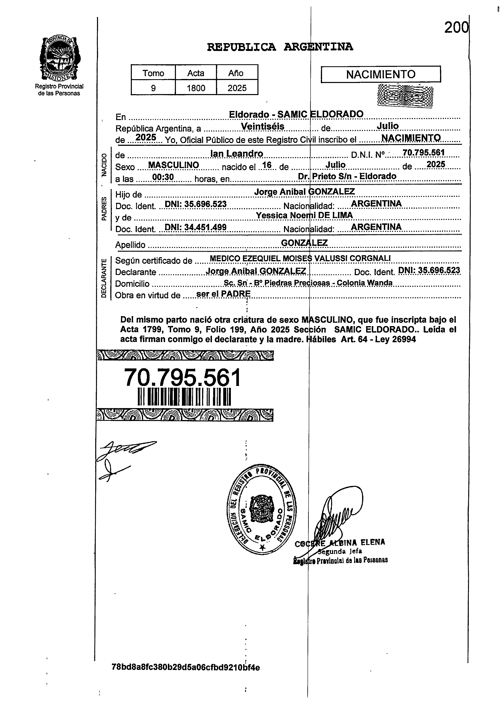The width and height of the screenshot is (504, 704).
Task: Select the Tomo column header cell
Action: (153, 73)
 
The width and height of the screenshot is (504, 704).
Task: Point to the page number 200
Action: (456, 28)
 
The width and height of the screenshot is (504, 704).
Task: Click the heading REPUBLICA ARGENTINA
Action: (280, 47)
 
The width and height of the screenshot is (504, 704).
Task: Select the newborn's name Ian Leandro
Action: (237, 154)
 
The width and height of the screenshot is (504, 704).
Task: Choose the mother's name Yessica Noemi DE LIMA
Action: (304, 215)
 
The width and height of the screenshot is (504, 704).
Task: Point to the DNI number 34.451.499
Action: (195, 228)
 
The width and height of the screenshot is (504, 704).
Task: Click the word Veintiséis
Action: (262, 127)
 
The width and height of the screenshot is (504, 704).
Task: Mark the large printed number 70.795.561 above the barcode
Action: (182, 378)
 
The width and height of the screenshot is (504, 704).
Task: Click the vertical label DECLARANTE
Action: (104, 278)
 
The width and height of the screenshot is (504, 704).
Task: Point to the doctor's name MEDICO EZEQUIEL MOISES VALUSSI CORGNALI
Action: (300, 258)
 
